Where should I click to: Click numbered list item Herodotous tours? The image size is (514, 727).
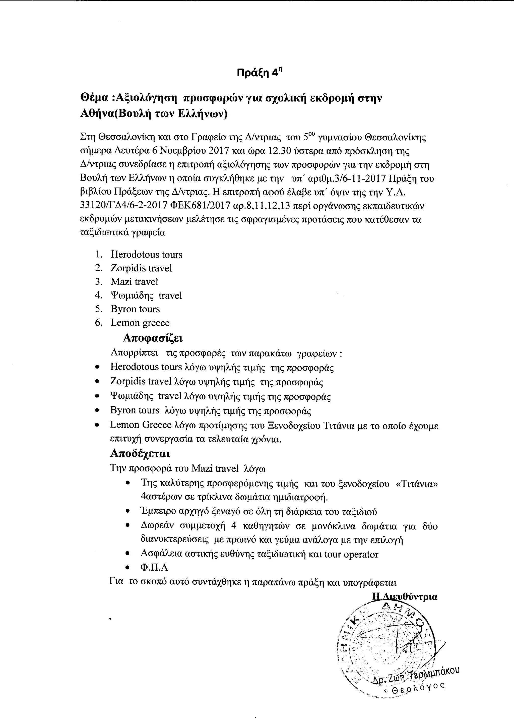146,255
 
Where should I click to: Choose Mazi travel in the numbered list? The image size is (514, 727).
134,282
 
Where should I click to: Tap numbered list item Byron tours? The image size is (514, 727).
135,309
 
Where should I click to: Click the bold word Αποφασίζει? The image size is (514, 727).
153,338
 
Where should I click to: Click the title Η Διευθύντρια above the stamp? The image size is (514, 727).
405,597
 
